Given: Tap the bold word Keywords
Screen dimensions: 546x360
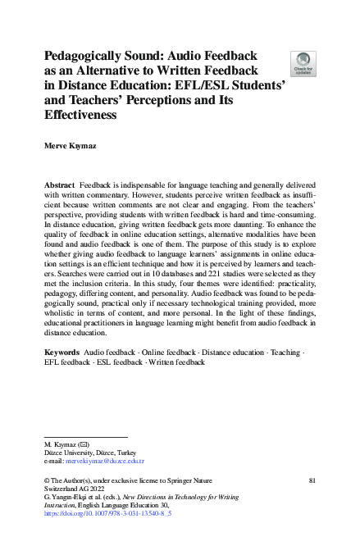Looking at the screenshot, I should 62,374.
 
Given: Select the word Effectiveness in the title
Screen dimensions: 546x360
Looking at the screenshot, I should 80,116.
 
